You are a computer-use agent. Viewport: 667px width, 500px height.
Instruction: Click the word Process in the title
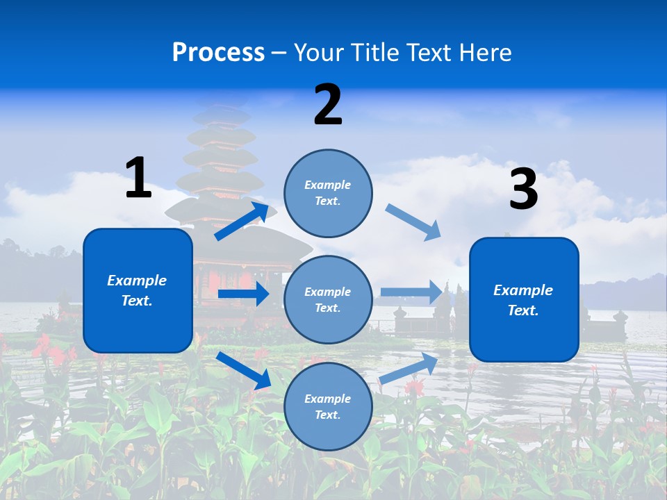pos(218,53)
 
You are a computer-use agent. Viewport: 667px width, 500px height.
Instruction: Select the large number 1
pos(138,178)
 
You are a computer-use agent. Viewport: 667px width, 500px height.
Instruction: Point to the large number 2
pos(328,105)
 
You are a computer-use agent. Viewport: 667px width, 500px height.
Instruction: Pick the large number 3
pos(524,189)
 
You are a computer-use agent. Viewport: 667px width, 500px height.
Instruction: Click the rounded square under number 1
pos(138,290)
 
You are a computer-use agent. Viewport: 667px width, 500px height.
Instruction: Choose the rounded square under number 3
pos(524,299)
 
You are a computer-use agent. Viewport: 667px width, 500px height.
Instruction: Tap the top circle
pos(328,193)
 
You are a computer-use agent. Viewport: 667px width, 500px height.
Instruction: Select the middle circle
pos(328,299)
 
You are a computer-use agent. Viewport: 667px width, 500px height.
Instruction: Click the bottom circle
pos(328,406)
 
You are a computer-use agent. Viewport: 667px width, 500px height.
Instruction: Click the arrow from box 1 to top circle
pos(242,222)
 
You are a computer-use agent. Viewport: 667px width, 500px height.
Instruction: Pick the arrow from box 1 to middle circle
pos(243,294)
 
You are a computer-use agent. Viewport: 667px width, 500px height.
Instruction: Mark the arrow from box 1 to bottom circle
pos(244,370)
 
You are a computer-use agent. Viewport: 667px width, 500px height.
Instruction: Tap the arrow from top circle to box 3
pos(413,222)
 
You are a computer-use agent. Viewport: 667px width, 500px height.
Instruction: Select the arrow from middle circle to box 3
pos(411,292)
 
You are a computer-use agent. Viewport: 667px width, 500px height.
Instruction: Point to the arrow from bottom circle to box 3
pos(409,369)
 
